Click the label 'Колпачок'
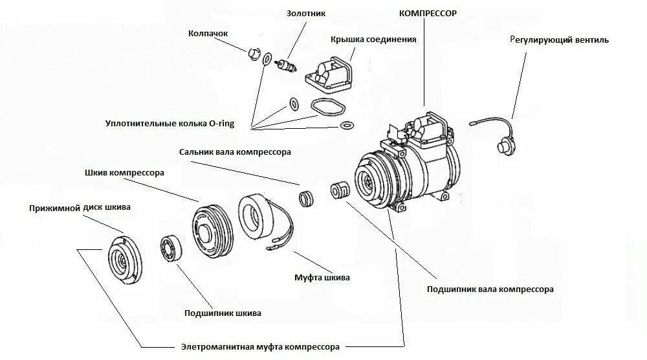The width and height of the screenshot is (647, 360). pyautogui.click(x=208, y=33)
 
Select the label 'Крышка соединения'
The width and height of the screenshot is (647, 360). pyautogui.click(x=373, y=39)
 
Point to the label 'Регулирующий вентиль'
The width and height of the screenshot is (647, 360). pyautogui.click(x=559, y=39)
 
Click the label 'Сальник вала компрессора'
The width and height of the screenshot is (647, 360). pyautogui.click(x=236, y=152)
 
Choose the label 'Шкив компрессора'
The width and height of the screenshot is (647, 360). pyautogui.click(x=124, y=173)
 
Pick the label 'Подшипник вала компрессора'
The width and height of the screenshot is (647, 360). pyautogui.click(x=490, y=289)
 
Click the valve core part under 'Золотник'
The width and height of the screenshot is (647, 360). pyautogui.click(x=285, y=65)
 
